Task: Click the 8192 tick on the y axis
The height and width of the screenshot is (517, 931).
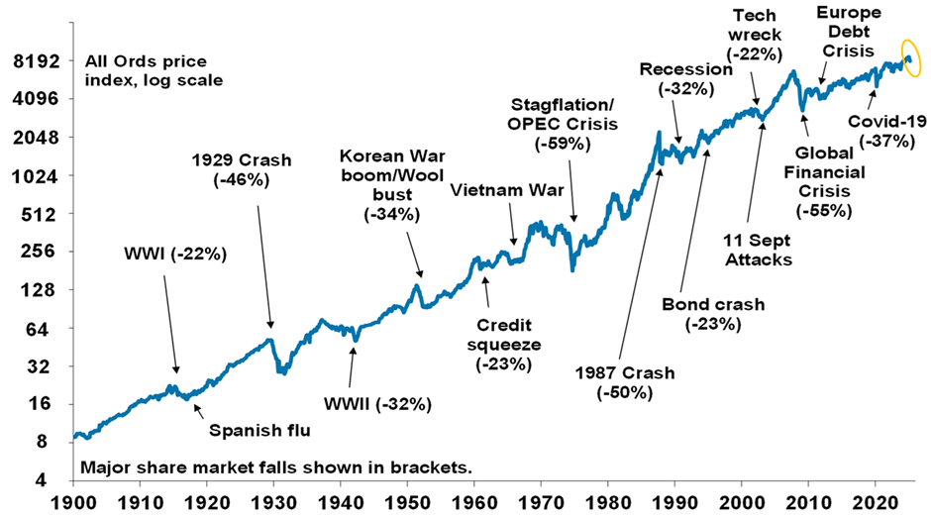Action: [38, 61]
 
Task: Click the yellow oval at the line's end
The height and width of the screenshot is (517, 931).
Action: [911, 59]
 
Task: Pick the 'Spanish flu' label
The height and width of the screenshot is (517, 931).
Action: [259, 429]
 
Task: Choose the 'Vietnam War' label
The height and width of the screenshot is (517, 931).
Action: [500, 189]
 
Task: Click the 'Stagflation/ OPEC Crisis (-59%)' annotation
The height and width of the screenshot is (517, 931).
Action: [562, 124]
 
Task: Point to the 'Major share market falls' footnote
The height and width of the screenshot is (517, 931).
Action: [274, 466]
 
